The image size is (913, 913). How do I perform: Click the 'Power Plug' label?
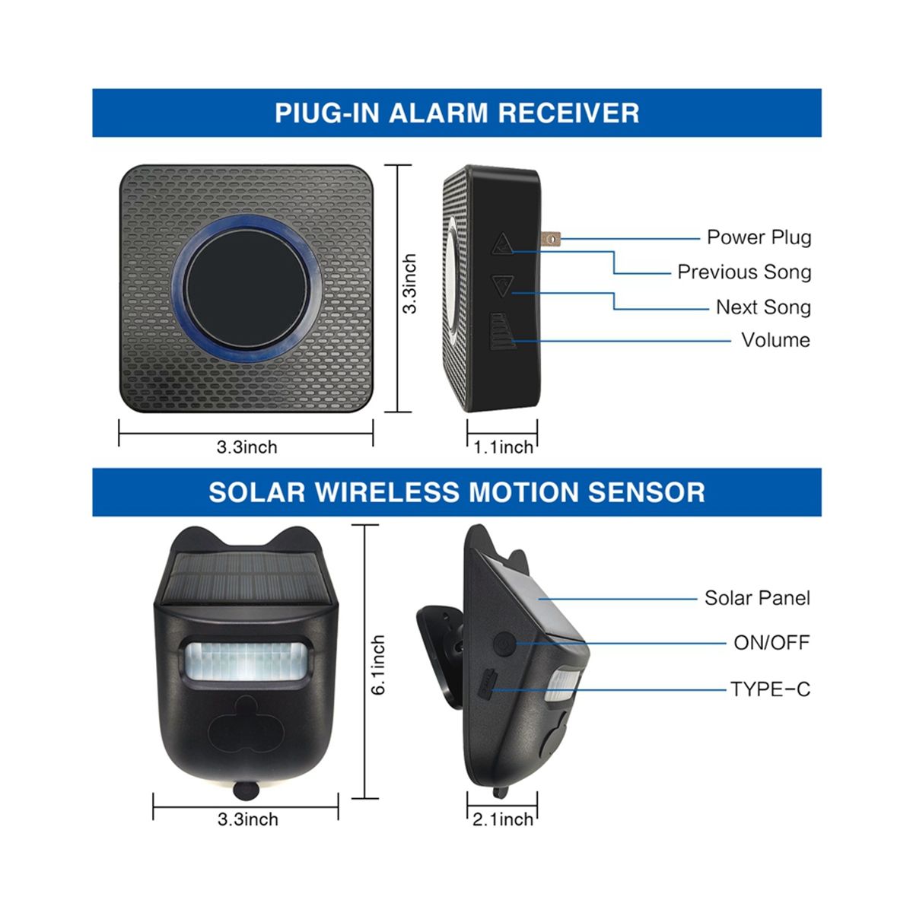tap(759, 238)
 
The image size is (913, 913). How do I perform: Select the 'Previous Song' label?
tap(744, 272)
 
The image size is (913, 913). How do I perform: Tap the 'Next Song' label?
tap(763, 307)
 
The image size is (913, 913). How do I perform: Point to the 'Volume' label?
tap(775, 340)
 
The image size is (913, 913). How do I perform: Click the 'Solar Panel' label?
tap(756, 599)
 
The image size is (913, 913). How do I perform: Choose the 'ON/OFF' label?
tap(771, 643)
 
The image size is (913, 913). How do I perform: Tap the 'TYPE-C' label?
tap(770, 689)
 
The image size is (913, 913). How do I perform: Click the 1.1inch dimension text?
tap(503, 447)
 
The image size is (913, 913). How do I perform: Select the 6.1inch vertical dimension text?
tap(378, 665)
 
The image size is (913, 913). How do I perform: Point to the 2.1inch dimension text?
tap(503, 819)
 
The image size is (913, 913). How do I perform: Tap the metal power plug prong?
tap(551, 239)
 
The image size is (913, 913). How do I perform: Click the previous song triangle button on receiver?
tap(501, 243)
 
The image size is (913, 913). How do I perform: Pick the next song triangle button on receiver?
tap(501, 286)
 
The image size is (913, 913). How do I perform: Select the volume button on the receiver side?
tap(502, 331)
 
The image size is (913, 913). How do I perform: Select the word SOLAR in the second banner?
tap(257, 491)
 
